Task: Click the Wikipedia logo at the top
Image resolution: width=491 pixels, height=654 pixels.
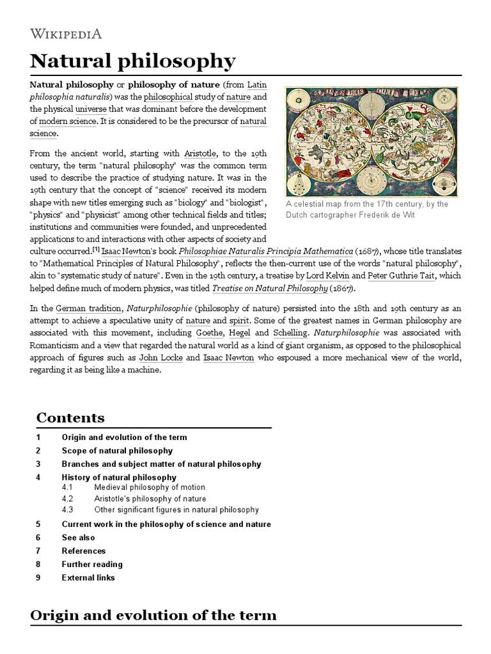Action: (66, 34)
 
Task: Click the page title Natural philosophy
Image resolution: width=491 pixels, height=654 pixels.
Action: (133, 62)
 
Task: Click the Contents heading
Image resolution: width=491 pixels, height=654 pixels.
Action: (70, 418)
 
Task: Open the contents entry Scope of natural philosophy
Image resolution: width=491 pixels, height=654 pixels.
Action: (117, 451)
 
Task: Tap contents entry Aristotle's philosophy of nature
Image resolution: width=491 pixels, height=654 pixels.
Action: (150, 499)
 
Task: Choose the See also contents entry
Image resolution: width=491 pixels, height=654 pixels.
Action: (78, 538)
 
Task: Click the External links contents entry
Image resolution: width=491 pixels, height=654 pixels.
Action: (88, 578)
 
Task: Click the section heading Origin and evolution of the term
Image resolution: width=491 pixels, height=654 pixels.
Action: (153, 615)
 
